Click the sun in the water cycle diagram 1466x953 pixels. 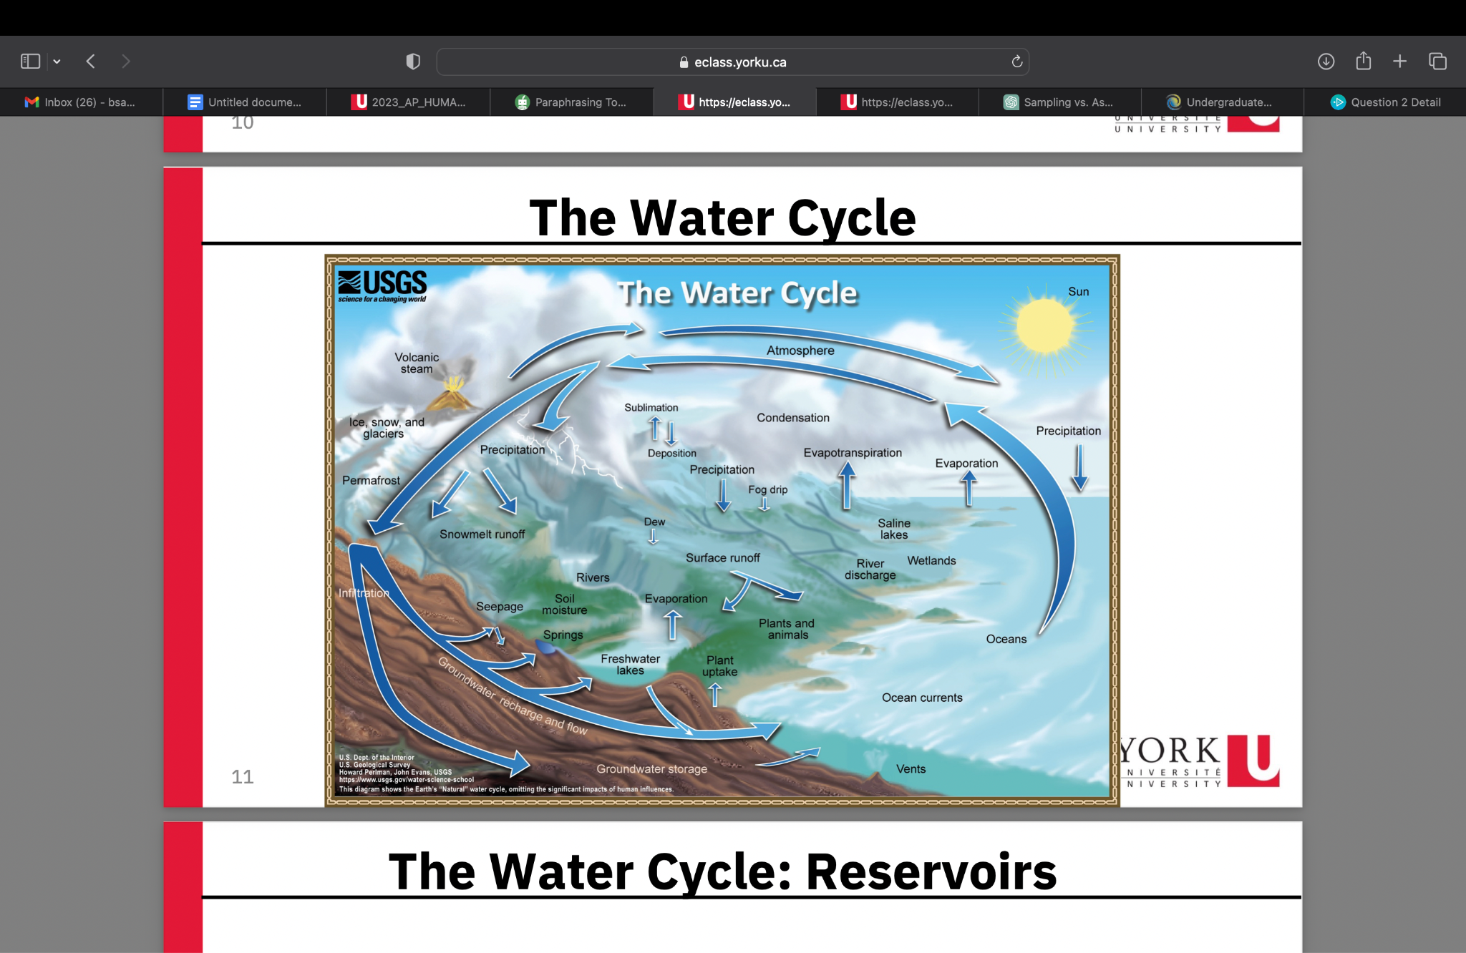point(1046,326)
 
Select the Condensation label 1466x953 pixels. point(793,418)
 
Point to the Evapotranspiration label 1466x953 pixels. point(853,453)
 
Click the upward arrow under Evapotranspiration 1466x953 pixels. point(847,485)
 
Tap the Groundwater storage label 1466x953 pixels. point(651,769)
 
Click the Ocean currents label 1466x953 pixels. point(922,698)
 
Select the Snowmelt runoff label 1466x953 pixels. point(482,534)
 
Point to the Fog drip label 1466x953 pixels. point(767,490)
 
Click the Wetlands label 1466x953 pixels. point(931,561)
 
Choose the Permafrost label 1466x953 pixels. point(371,481)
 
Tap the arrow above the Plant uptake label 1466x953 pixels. point(714,694)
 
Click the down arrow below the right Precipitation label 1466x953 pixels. point(1079,468)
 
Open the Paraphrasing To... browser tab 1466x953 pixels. point(571,102)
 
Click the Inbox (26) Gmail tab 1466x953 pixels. point(81,102)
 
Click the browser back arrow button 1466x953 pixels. point(91,62)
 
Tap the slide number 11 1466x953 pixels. point(243,777)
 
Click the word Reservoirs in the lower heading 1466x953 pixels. point(931,872)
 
